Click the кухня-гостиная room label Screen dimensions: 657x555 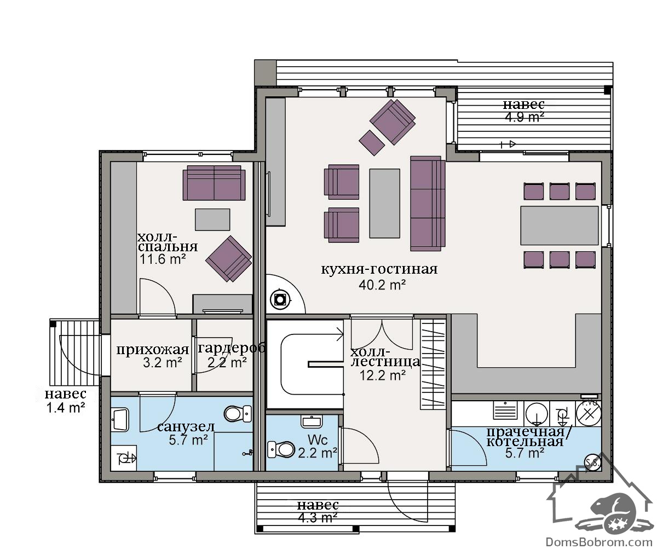click(x=379, y=269)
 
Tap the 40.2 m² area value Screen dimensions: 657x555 click(x=382, y=285)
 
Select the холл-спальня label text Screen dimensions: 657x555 click(x=168, y=242)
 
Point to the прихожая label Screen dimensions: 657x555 click(x=153, y=350)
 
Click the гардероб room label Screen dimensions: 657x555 click(x=232, y=348)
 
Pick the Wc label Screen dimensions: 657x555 click(x=318, y=440)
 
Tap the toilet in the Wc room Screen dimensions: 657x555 click(x=281, y=449)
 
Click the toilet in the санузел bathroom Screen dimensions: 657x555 click(x=238, y=414)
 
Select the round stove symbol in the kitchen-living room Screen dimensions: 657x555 click(x=280, y=299)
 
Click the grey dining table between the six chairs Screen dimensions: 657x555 click(x=559, y=226)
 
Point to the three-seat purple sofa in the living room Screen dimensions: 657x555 click(x=428, y=204)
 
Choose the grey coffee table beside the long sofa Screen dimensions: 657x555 click(x=384, y=203)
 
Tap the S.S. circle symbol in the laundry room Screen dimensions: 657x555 click(x=593, y=463)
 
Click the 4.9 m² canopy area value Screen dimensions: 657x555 click(x=525, y=117)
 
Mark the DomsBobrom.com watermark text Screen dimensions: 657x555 click(x=599, y=542)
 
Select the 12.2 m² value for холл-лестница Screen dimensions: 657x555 click(x=382, y=375)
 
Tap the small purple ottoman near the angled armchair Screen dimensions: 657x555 click(x=372, y=142)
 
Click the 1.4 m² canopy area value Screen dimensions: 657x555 click(x=66, y=408)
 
